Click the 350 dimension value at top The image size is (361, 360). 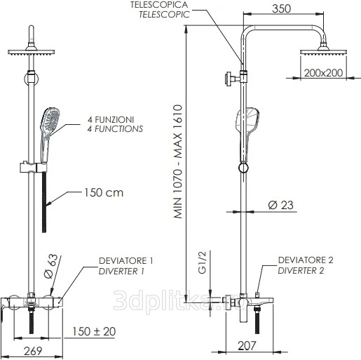(x=282, y=9)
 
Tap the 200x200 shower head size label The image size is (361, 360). (x=323, y=73)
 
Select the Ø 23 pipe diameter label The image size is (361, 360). (x=280, y=205)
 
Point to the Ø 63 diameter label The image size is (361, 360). (x=50, y=266)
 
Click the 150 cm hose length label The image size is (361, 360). (x=104, y=193)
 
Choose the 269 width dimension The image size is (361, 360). (x=33, y=351)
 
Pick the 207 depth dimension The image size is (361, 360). (x=247, y=346)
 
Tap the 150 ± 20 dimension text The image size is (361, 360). (x=94, y=331)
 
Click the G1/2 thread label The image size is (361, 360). (x=202, y=262)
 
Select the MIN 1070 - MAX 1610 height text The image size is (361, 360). (x=178, y=161)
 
